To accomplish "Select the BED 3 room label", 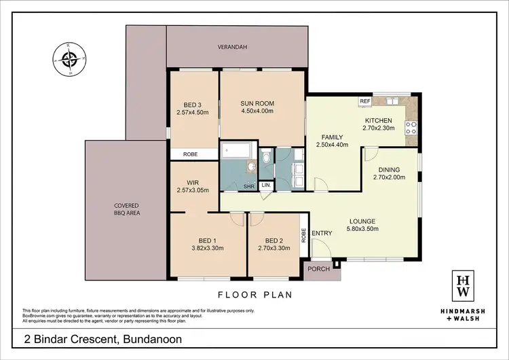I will point(189,104).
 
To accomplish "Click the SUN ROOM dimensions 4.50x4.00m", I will point(262,112).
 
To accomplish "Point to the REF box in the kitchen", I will point(365,101).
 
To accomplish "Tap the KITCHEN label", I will point(380,120).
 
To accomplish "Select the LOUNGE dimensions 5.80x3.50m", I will point(363,229).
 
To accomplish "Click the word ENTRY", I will point(322,234).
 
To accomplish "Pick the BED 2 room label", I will point(274,240).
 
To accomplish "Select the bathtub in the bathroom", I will point(237,151).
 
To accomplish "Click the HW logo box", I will point(464,285).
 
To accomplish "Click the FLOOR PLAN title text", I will point(254,295).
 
